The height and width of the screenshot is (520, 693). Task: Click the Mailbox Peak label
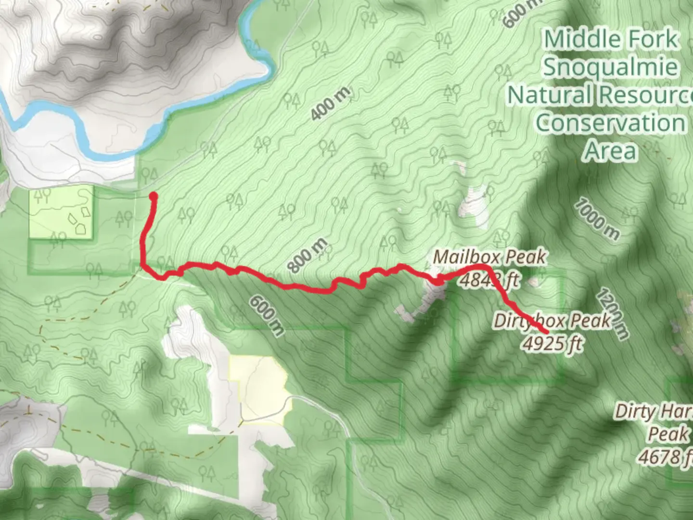pos(489,257)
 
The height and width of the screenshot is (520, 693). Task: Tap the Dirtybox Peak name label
pos(552,321)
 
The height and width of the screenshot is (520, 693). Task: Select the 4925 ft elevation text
pos(552,343)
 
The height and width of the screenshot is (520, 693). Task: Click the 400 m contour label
pos(330,104)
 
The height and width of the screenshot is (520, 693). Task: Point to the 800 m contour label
pos(308,255)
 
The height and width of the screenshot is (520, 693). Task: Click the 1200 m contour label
pos(613,314)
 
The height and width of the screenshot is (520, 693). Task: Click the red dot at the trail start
pos(154,196)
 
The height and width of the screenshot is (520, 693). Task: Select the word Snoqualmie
pos(610,66)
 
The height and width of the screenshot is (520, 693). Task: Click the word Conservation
pos(610,122)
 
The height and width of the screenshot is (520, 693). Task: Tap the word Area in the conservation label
pos(610,151)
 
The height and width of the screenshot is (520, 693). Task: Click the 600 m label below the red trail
pos(267,315)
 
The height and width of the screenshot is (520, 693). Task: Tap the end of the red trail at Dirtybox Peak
pos(546,332)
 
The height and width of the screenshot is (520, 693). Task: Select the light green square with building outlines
pos(61,212)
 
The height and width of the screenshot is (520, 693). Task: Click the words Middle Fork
pos(610,39)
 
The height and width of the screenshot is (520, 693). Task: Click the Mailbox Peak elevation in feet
pos(489,279)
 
